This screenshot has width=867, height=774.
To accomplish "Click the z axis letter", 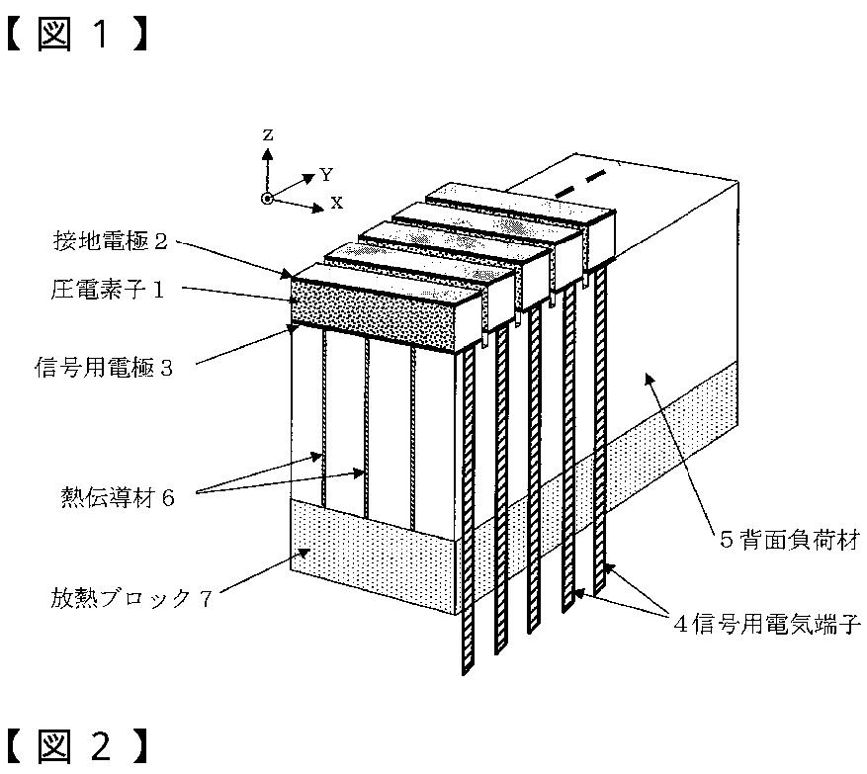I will pos(268,132).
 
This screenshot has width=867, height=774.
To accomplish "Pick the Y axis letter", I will pos(326,175).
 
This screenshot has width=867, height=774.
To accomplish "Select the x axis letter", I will pos(337,203).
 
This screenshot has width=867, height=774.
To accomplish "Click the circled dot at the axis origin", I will pos(267,199).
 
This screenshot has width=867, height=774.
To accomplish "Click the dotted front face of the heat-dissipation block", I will pos(371,550).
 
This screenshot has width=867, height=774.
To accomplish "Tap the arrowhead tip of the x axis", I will pos(322,209).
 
